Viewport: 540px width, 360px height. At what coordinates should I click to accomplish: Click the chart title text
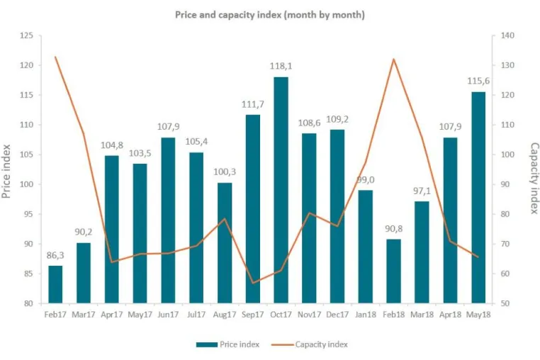pos(270,15)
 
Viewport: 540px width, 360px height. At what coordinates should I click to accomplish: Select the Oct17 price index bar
pos(281,190)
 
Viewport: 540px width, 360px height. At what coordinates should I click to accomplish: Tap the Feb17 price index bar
pos(55,285)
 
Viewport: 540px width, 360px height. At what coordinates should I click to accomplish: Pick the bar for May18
pos(478,198)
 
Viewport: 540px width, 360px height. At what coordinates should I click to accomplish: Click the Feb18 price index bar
pos(393,271)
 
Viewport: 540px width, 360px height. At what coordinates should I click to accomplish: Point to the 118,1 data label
pos(281,66)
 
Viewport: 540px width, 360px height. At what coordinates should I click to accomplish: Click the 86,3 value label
pos(55,255)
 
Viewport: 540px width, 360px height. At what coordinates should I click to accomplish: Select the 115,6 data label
pos(478,81)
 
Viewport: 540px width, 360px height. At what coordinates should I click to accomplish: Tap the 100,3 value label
pos(225,171)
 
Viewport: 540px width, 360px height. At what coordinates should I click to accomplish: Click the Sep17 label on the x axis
pos(253,315)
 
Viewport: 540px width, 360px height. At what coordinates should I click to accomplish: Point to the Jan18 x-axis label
pos(366,315)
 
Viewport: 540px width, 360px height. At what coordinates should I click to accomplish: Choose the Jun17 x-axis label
pos(168,315)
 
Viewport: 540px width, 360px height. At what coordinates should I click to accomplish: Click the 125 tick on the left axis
pos(26,35)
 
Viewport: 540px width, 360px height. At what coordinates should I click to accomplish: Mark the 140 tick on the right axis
pos(507,35)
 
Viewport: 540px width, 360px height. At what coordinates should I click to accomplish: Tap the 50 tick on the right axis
pos(505,303)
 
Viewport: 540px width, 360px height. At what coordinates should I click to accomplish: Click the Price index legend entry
pos(227,344)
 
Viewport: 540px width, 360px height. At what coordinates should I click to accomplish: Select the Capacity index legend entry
pos(309,344)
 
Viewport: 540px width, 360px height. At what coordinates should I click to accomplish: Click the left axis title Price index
pos(6,171)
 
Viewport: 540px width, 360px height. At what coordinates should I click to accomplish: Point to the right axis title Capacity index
pos(534,178)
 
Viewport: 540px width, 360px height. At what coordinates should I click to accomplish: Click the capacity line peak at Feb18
pos(393,60)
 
